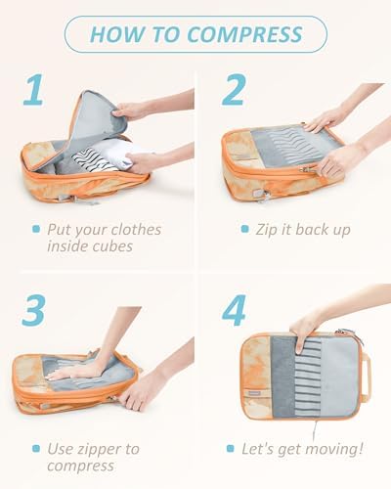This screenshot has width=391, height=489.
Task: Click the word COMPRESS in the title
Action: tap(244, 34)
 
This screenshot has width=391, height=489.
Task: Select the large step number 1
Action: tap(33, 90)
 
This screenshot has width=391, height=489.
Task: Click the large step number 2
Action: tap(233, 90)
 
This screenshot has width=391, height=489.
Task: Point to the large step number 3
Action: tap(33, 310)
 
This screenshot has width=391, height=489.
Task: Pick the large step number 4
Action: tap(234, 310)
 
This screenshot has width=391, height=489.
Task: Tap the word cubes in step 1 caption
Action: tap(111, 246)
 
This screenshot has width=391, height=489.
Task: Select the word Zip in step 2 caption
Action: tap(267, 230)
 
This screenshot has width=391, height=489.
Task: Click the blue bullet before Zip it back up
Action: tap(245, 229)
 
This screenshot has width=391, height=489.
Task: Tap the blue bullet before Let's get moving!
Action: tap(231, 448)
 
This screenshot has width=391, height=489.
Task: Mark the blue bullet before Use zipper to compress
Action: tap(36, 448)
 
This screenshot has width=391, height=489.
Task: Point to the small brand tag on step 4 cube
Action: tap(252, 393)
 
